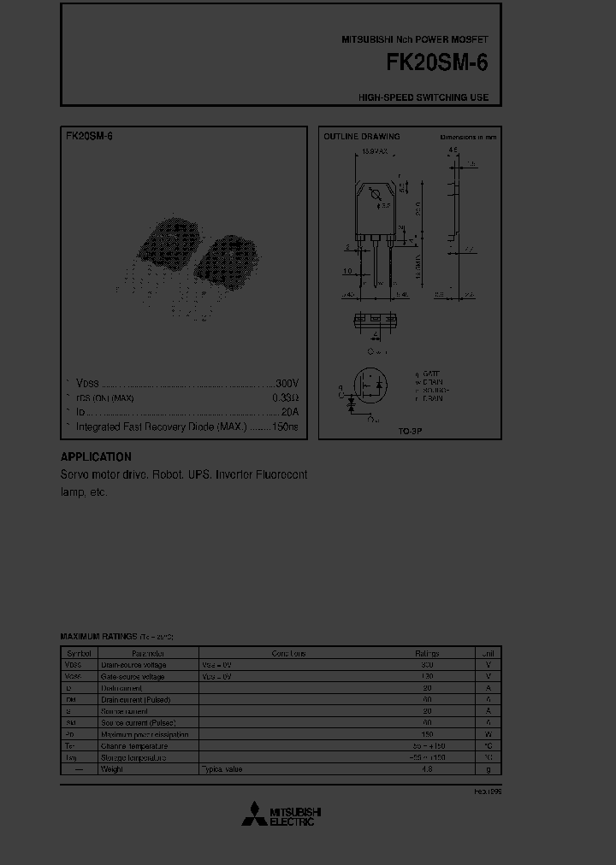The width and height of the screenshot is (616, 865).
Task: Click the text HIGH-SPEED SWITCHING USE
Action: [423, 97]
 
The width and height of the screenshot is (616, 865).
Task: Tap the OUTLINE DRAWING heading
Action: [361, 137]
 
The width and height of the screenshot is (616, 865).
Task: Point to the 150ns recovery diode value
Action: [285, 426]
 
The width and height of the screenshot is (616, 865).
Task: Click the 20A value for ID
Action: [290, 412]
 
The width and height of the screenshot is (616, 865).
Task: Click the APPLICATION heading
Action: [96, 457]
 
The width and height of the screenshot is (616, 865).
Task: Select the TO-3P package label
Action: [411, 432]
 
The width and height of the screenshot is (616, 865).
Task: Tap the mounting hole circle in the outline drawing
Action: [374, 197]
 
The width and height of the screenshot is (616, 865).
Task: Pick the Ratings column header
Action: [427, 653]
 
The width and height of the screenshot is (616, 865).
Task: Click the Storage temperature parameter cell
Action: [127, 757]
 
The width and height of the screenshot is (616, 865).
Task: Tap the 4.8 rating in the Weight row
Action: [427, 769]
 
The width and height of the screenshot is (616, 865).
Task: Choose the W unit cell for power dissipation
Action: [488, 734]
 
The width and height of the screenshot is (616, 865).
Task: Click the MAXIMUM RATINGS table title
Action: [98, 637]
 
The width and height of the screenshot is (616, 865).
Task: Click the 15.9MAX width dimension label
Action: [374, 150]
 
